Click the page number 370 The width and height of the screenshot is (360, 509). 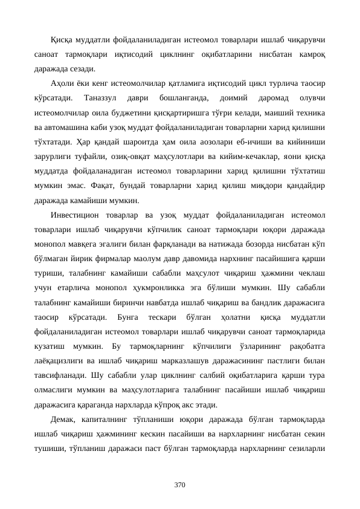point(180,485)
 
